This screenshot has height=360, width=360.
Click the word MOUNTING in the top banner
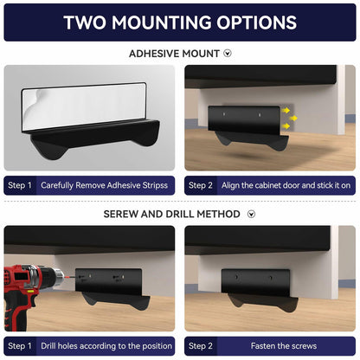(x=162, y=22)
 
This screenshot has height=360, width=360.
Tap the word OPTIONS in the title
(x=257, y=22)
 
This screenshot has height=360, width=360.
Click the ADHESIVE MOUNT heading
(x=174, y=54)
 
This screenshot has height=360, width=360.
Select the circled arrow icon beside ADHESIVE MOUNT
(x=228, y=54)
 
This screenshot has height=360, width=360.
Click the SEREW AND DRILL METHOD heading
(x=172, y=214)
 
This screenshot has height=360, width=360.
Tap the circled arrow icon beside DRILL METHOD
(x=252, y=214)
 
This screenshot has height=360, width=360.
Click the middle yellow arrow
(x=293, y=118)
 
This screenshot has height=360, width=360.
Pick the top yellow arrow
(x=286, y=110)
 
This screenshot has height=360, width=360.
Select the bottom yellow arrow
(x=286, y=125)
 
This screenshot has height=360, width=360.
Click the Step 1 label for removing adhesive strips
(x=20, y=185)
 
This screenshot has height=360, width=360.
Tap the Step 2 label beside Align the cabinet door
(x=201, y=185)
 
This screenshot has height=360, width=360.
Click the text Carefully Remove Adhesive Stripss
(x=104, y=185)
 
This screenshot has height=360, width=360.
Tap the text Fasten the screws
(x=284, y=345)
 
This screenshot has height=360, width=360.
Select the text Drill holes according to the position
(x=106, y=345)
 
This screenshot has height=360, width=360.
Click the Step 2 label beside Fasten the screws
(x=201, y=346)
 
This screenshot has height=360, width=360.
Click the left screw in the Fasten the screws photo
(x=236, y=277)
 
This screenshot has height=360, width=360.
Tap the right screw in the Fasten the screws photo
(x=270, y=278)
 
